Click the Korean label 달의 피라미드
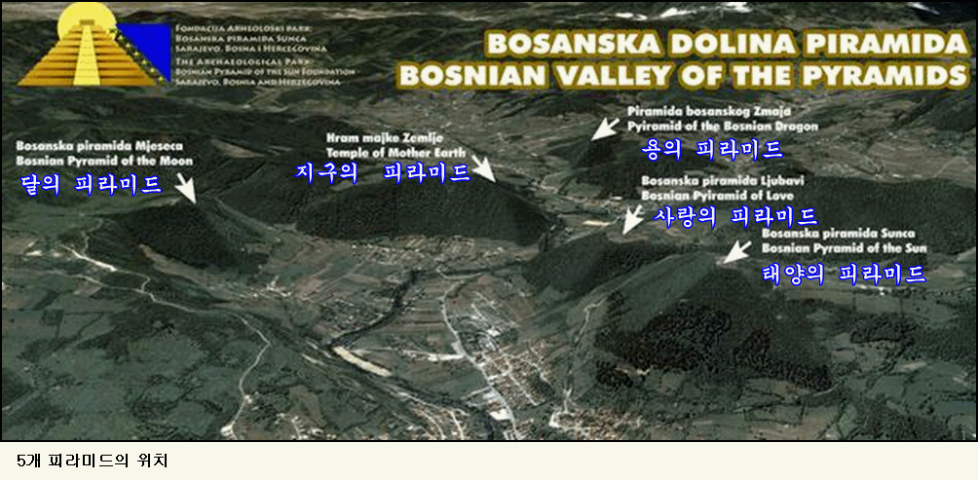pos(92,185)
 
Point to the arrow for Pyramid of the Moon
pos(184,189)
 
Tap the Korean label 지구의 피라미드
pos(383,172)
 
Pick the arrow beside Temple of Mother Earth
pos(482,167)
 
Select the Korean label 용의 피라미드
pos(713,149)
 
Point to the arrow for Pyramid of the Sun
pos(734,251)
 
